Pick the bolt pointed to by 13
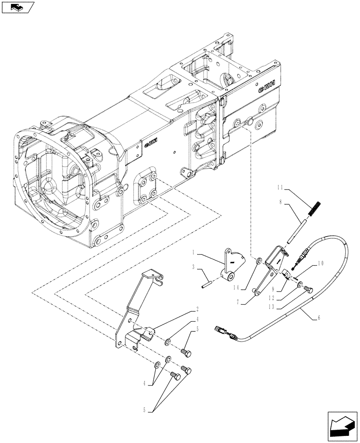click(x=309, y=290)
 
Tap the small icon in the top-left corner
click(x=18, y=7)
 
